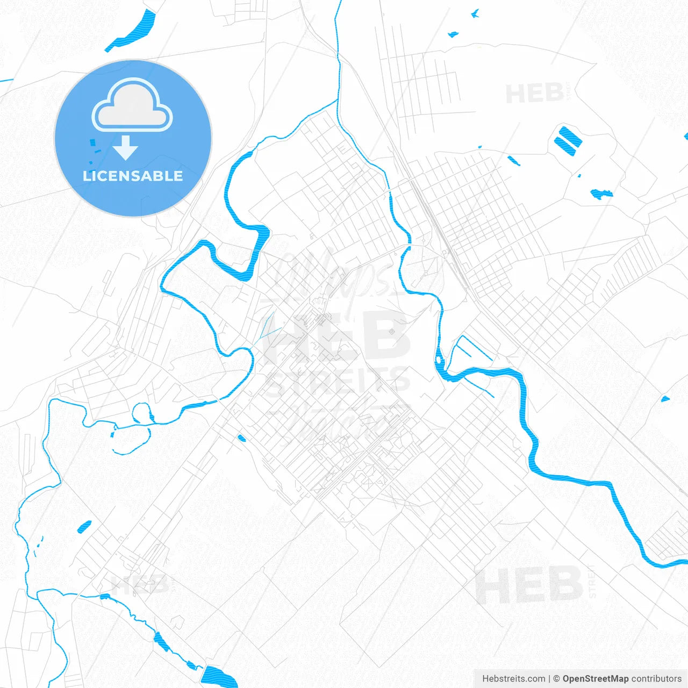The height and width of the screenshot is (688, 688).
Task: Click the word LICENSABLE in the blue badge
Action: tap(133, 176)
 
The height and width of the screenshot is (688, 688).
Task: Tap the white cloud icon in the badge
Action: tap(132, 105)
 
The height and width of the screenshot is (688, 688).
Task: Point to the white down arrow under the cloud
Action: tap(126, 148)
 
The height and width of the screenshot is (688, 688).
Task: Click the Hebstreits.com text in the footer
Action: tap(513, 679)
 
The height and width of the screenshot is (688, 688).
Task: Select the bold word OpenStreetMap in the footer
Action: tap(595, 679)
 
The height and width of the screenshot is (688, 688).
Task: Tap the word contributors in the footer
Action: tap(656, 679)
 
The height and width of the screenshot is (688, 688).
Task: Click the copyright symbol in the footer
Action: tap(556, 679)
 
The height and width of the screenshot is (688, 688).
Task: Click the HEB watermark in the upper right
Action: tap(535, 94)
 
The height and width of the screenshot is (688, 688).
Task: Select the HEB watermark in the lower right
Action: tap(529, 584)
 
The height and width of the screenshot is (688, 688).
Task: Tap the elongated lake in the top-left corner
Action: tap(132, 31)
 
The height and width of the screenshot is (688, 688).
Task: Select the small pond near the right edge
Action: tap(665, 399)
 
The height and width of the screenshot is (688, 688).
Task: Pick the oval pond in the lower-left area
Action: tap(84, 527)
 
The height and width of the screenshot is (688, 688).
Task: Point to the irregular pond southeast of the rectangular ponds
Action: tap(601, 193)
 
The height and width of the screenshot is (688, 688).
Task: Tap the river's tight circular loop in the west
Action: tap(141, 413)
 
